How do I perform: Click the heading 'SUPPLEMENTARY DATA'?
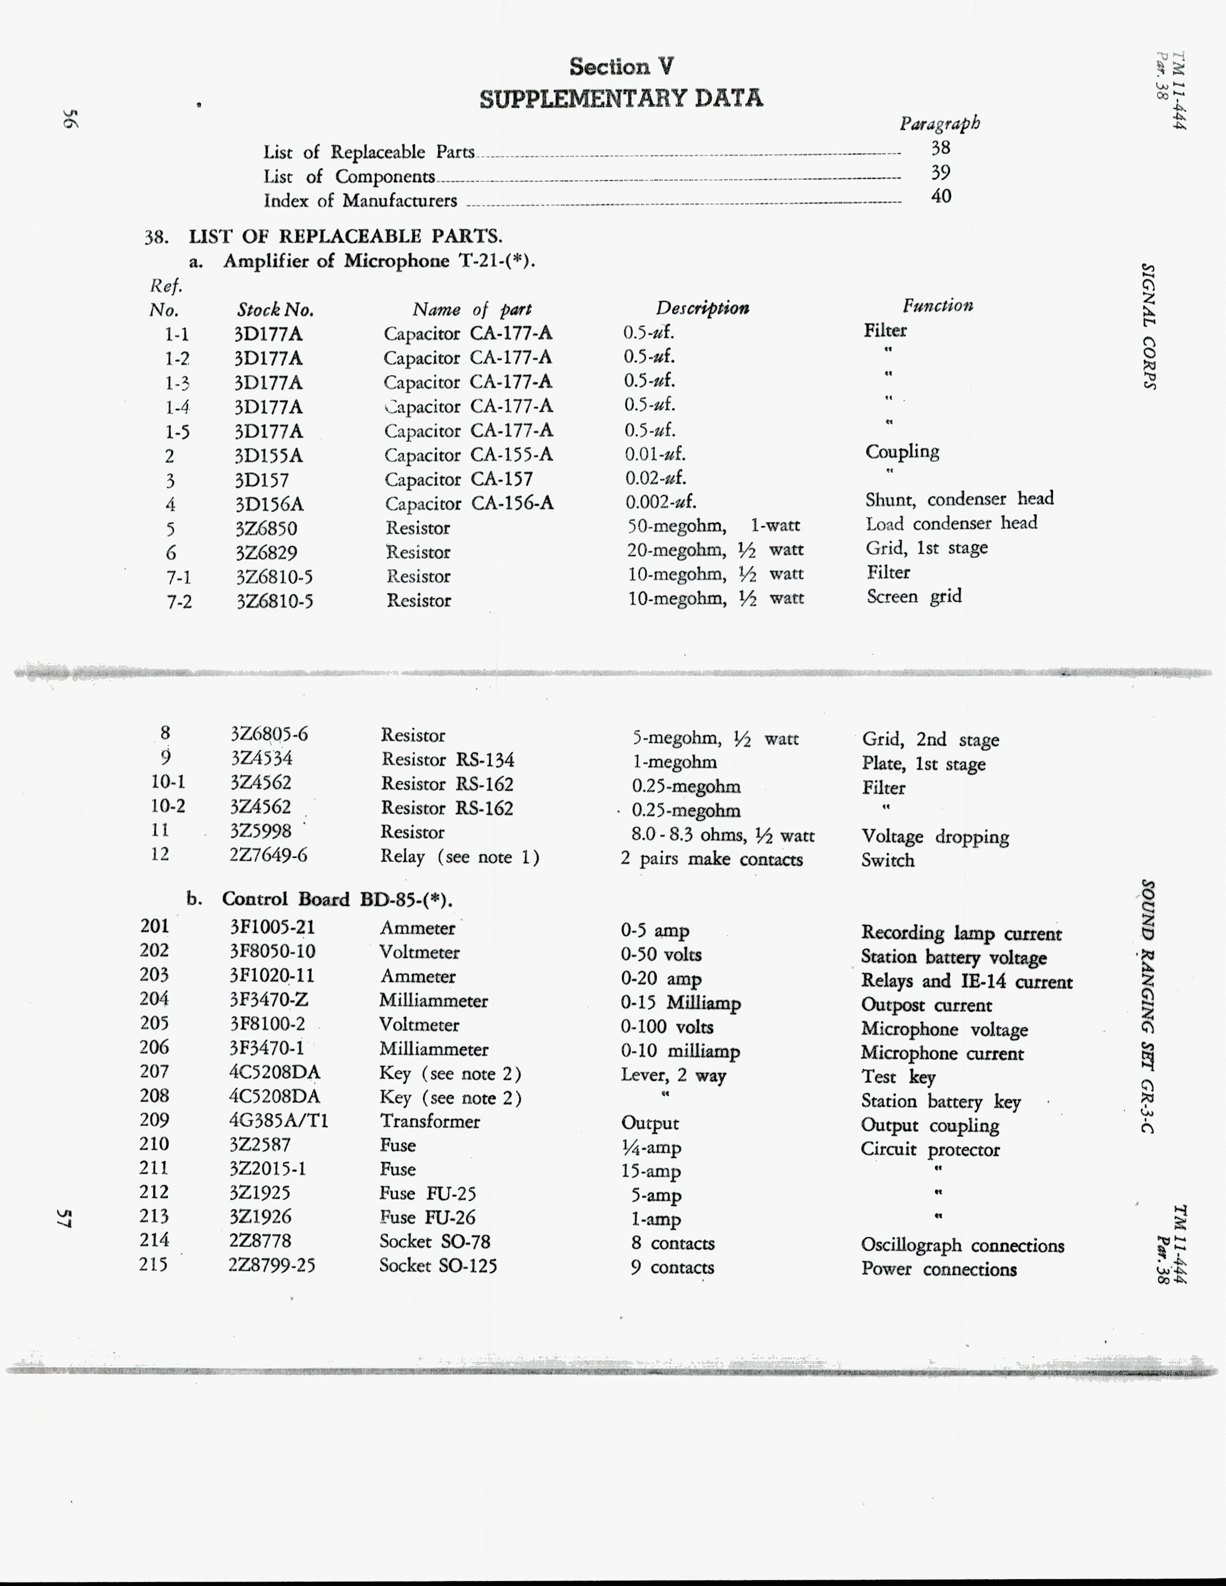click(x=621, y=98)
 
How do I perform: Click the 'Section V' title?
click(x=621, y=67)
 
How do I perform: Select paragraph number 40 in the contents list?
click(x=940, y=196)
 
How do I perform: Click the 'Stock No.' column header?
click(x=275, y=310)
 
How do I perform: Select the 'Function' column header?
click(x=937, y=305)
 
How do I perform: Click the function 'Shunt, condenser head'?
click(x=959, y=499)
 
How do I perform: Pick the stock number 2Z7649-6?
click(x=268, y=855)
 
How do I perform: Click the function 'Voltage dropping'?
click(x=935, y=837)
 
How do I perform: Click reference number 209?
click(x=154, y=1120)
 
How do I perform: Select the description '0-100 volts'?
click(x=667, y=1027)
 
